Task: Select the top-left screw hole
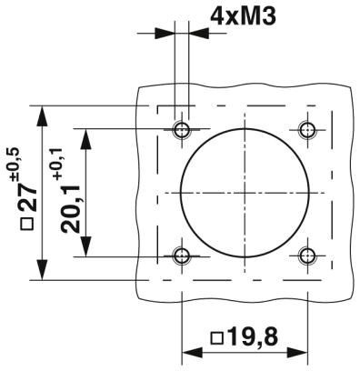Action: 183,126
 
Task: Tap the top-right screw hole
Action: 306,126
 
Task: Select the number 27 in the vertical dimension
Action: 27,203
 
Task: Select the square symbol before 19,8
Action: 215,339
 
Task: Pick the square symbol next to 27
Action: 27,226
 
